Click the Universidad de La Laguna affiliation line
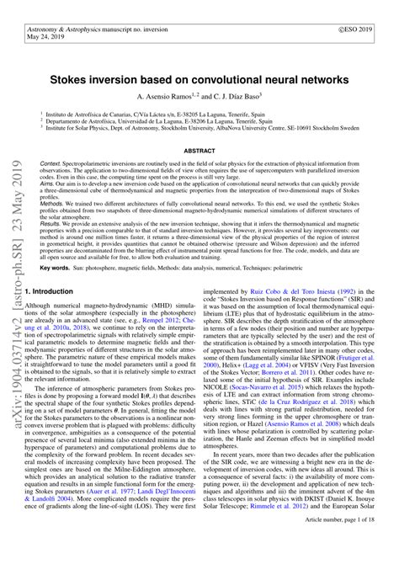[160, 120]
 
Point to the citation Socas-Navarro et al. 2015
[304, 413]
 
